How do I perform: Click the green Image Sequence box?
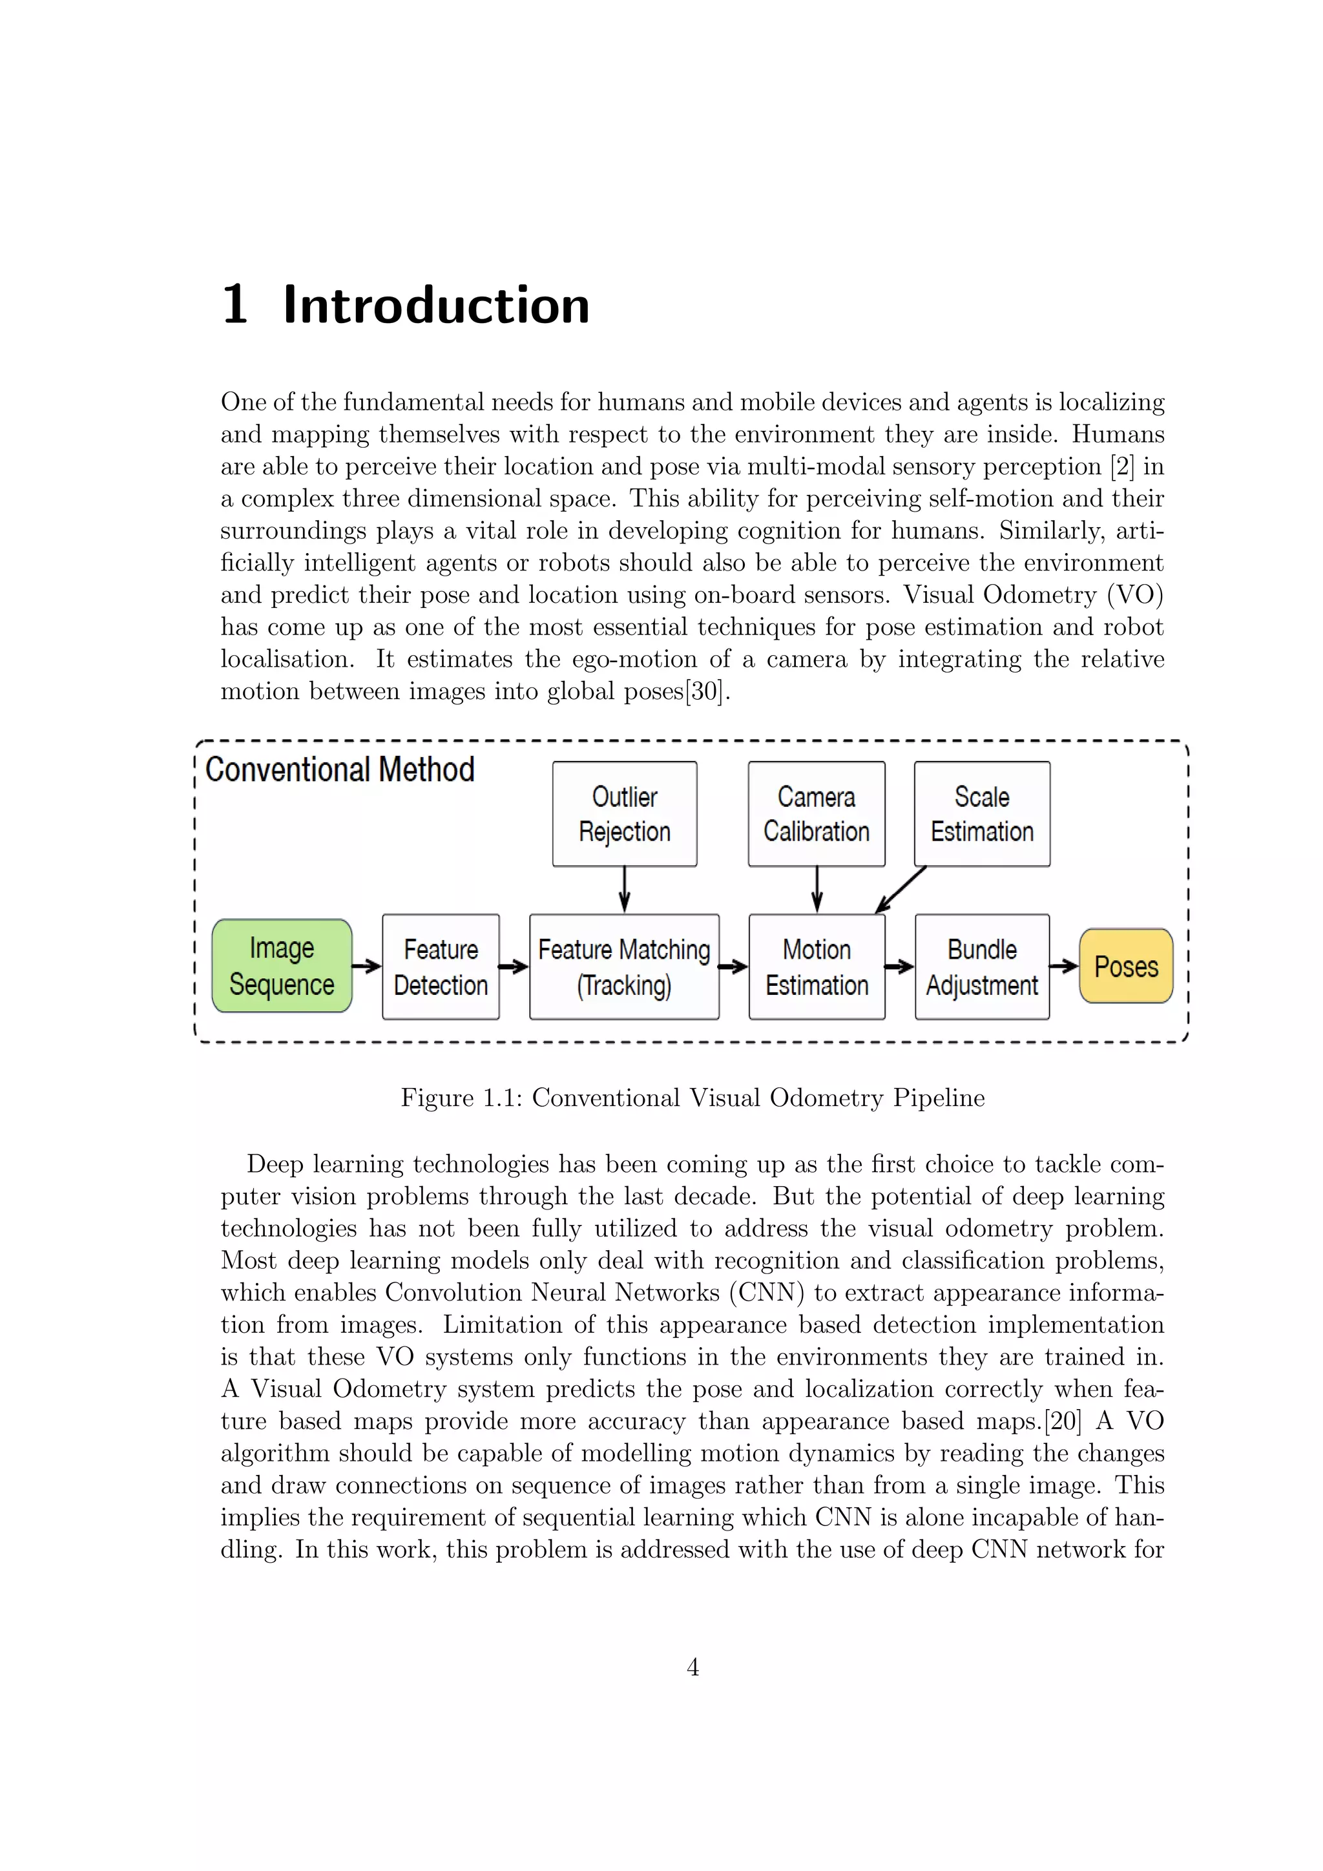point(282,966)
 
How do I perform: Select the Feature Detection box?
point(441,967)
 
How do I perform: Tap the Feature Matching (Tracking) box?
point(624,967)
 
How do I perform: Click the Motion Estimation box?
point(817,967)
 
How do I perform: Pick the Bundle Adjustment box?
point(982,967)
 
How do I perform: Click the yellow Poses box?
point(1126,966)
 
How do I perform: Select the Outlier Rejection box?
point(624,813)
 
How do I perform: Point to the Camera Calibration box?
point(817,813)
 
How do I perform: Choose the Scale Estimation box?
point(982,813)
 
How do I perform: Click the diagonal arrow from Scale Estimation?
point(901,889)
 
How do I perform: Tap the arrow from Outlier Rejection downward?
point(624,889)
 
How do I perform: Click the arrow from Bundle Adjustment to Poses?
point(1064,967)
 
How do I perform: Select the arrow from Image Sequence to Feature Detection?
point(366,967)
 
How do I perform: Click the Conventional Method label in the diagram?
point(340,769)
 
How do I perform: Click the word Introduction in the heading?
point(436,306)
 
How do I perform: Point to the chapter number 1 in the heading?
point(234,306)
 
